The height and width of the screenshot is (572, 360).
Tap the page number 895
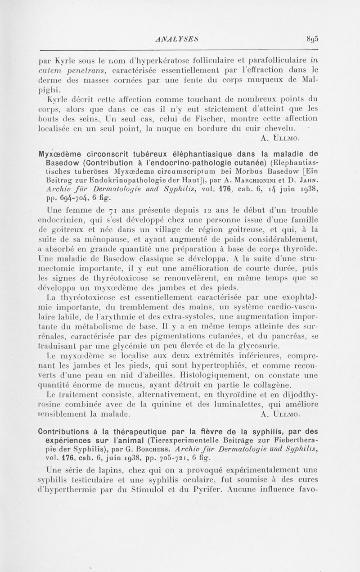pos(310,39)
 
